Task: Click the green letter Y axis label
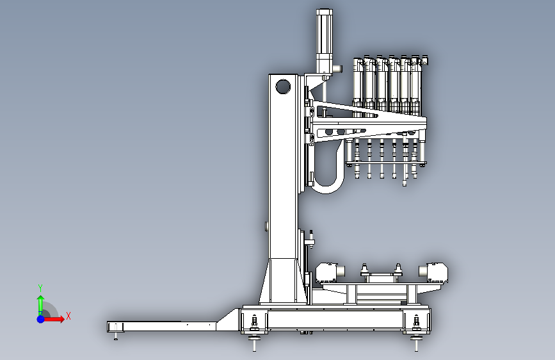[40, 288]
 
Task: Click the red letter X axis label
[68, 316]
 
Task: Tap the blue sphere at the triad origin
[41, 319]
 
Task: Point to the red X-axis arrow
[53, 319]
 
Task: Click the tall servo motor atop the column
[324, 41]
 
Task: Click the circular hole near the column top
[283, 86]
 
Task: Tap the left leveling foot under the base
[254, 342]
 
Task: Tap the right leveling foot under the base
[416, 342]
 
